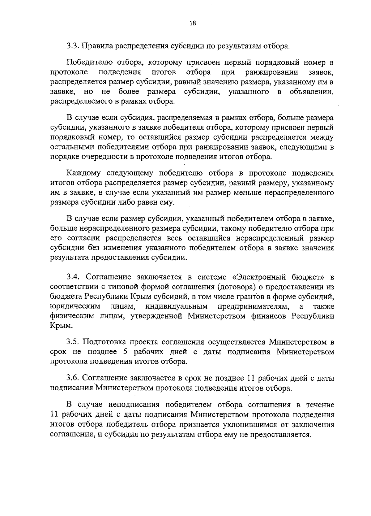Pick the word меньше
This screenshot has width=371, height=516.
pyautogui.click(x=250, y=193)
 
